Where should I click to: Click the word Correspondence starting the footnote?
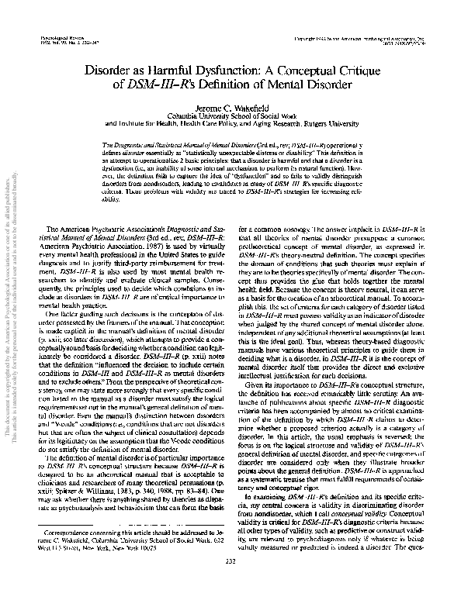[71, 555]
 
